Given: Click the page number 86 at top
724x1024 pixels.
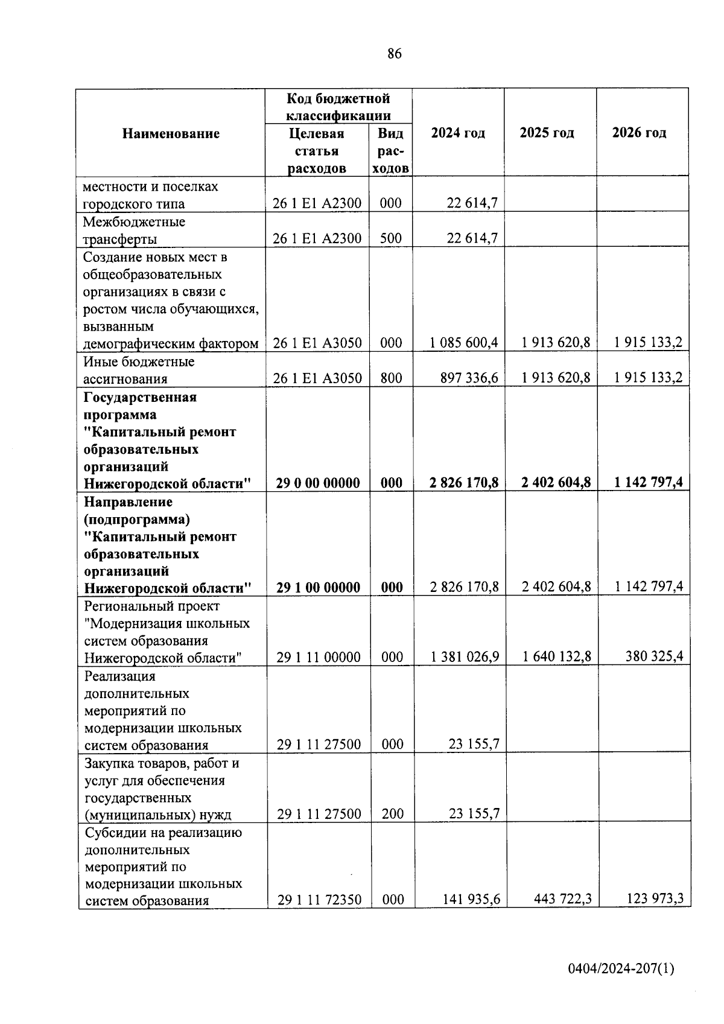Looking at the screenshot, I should (394, 54).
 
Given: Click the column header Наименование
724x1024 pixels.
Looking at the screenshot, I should (171, 133).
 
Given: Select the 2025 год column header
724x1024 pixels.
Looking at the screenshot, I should (547, 133).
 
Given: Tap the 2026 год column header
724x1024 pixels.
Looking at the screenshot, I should (639, 133).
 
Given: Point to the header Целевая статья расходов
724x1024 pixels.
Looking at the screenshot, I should (317, 151).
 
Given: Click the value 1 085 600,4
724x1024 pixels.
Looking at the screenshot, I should (463, 343).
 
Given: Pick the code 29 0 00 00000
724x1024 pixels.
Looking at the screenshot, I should (318, 483).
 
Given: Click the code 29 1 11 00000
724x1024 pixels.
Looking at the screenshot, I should (319, 657).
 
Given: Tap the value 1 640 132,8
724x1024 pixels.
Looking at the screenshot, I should (557, 657).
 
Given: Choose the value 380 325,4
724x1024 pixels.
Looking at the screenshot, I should (654, 657).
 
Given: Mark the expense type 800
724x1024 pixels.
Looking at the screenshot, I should (391, 378).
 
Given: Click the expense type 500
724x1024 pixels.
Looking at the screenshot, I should (391, 238).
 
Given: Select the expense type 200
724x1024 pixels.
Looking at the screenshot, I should (393, 814).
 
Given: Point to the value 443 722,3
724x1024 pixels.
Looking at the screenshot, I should (562, 900).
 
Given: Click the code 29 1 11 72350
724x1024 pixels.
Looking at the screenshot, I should (319, 900).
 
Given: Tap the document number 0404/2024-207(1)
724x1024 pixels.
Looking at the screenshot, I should (621, 969).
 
